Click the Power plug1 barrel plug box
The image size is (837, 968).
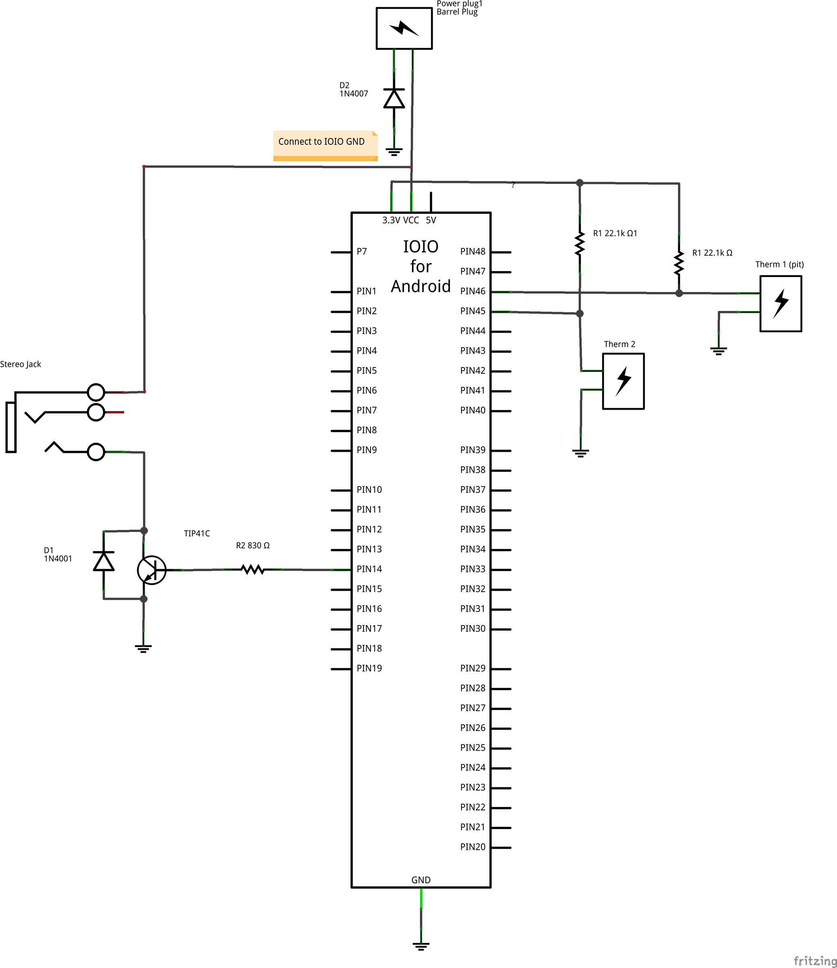(x=404, y=28)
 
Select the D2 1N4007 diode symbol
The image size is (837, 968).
(x=394, y=98)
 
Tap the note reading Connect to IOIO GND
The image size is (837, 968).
(x=325, y=145)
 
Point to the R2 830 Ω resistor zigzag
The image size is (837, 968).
(x=253, y=570)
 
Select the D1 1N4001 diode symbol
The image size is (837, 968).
(x=104, y=561)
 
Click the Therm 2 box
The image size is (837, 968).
(x=623, y=381)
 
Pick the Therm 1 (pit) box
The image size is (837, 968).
(x=781, y=304)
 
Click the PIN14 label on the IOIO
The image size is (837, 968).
(x=369, y=569)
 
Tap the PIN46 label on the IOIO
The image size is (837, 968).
(x=472, y=291)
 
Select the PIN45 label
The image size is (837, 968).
(x=472, y=311)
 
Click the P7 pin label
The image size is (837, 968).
(x=362, y=251)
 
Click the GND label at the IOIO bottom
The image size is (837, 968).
(x=421, y=880)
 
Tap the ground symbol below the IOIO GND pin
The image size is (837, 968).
(x=421, y=947)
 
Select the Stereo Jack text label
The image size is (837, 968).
(x=21, y=364)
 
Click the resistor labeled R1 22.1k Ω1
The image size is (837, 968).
(x=580, y=243)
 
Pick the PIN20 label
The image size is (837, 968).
(x=472, y=847)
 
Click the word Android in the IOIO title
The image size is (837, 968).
(x=421, y=286)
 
